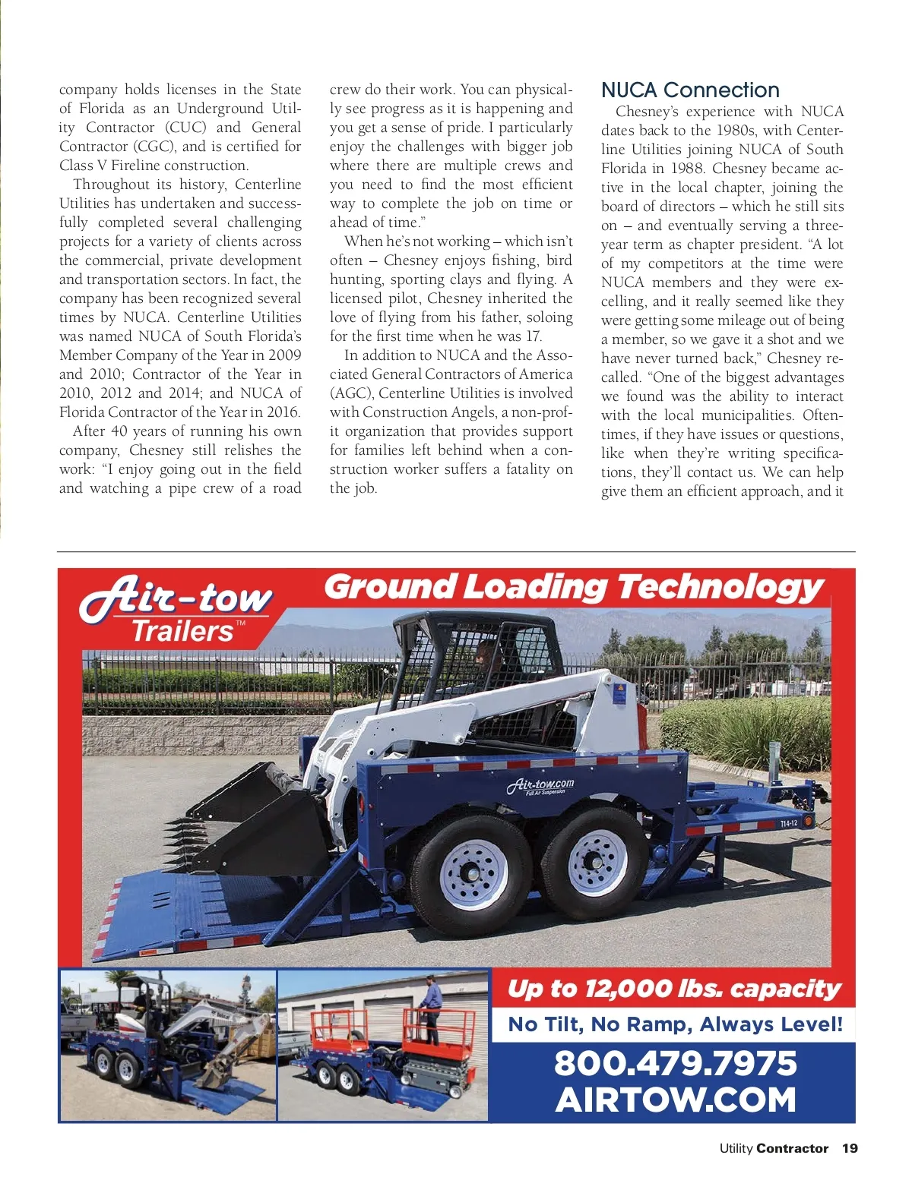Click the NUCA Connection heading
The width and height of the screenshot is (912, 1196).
[690, 90]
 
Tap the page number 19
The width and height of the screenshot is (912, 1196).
[850, 1148]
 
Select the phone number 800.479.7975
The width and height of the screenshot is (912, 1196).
[675, 1063]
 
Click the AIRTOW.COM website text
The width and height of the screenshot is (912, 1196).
[675, 1100]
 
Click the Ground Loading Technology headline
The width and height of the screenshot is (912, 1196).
[574, 587]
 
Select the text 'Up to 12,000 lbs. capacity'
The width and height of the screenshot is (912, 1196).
[674, 988]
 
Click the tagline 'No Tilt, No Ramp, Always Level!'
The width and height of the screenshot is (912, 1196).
[675, 1024]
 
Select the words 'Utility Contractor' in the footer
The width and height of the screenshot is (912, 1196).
[774, 1148]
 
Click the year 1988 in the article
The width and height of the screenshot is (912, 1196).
[686, 169]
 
